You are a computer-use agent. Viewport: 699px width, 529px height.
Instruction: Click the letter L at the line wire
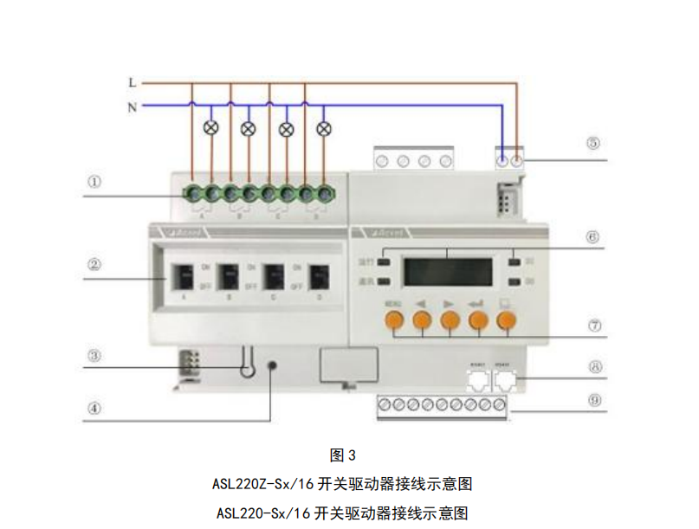pyautogui.click(x=132, y=83)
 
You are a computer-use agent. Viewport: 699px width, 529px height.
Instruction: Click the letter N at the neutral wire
pyautogui.click(x=132, y=107)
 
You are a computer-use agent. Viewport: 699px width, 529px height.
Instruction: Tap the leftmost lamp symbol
pyautogui.click(x=210, y=128)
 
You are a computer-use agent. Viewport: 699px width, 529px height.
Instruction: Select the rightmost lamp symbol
pyautogui.click(x=325, y=128)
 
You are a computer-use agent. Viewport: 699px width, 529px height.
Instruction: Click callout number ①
pyautogui.click(x=94, y=183)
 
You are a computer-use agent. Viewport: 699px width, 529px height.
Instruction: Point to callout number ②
pyautogui.click(x=94, y=266)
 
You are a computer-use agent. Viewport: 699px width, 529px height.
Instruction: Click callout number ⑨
pyautogui.click(x=593, y=401)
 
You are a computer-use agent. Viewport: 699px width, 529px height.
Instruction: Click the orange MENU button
pyautogui.click(x=394, y=321)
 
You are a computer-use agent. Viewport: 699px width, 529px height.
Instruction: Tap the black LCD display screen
pyautogui.click(x=448, y=272)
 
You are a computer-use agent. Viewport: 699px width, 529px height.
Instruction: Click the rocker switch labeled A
pyautogui.click(x=183, y=277)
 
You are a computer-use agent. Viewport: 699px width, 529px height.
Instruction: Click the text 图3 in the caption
pyautogui.click(x=344, y=455)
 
